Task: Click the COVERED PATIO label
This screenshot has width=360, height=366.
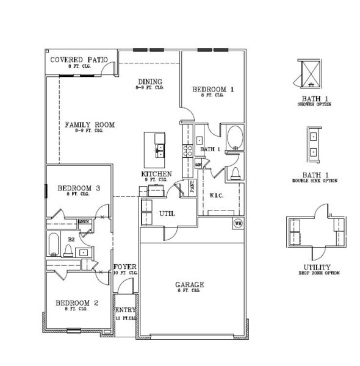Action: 79,60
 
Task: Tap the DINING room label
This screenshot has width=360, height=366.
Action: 149,82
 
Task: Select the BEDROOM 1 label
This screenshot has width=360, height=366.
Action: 213,90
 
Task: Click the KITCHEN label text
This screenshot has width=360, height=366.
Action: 156,174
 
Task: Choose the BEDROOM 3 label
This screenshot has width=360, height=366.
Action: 79,188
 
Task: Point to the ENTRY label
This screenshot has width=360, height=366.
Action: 124,310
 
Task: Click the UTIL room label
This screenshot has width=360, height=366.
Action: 167,214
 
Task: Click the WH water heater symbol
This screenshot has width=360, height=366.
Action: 238,223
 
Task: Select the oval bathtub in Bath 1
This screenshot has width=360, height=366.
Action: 234,138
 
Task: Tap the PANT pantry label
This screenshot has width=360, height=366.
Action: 192,187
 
